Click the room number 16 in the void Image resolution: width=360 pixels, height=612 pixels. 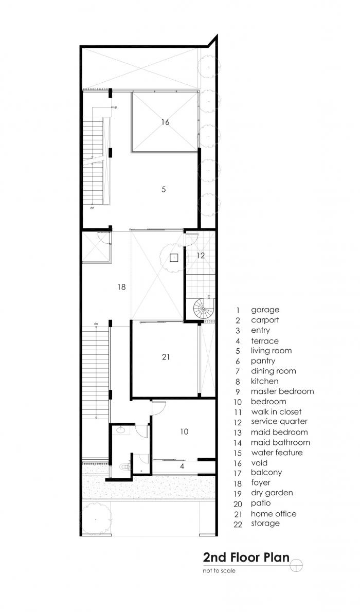[x=165, y=122]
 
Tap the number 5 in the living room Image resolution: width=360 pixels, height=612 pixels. [x=164, y=189]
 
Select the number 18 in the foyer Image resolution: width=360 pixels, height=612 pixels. [x=121, y=287]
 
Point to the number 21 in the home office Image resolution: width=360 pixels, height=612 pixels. [x=165, y=356]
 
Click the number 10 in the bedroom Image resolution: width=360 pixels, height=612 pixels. [x=184, y=432]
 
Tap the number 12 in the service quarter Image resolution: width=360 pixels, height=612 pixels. [x=201, y=255]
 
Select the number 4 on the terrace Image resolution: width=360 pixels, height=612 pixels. [x=182, y=466]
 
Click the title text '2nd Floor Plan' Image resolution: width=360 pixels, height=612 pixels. [x=246, y=557]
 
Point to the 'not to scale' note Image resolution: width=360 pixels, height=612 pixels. [x=219, y=570]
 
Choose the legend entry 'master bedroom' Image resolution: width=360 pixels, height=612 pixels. [x=282, y=391]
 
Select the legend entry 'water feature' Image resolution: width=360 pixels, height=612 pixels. [x=277, y=453]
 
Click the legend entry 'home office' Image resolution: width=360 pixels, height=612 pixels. [x=274, y=514]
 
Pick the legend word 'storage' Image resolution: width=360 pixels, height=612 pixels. [x=265, y=524]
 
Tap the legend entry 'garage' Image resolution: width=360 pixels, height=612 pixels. [x=265, y=310]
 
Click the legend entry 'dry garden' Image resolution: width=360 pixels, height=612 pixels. [x=272, y=493]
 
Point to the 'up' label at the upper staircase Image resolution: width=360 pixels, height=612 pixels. [x=115, y=107]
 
